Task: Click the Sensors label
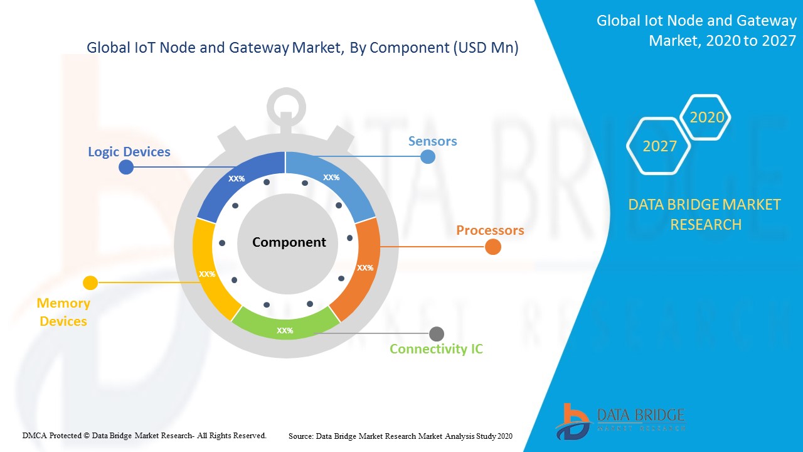pos(433,141)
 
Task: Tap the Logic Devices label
pos(129,152)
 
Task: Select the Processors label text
pos(490,230)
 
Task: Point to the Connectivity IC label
pos(436,348)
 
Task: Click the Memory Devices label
pos(63,312)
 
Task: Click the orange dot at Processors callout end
pos(493,247)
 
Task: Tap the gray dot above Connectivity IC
pos(437,334)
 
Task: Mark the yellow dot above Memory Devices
pos(90,282)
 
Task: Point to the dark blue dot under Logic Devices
pos(126,167)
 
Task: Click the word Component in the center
pos(289,242)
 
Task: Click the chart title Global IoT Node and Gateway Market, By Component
pos(302,47)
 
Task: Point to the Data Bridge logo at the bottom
pos(620,422)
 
